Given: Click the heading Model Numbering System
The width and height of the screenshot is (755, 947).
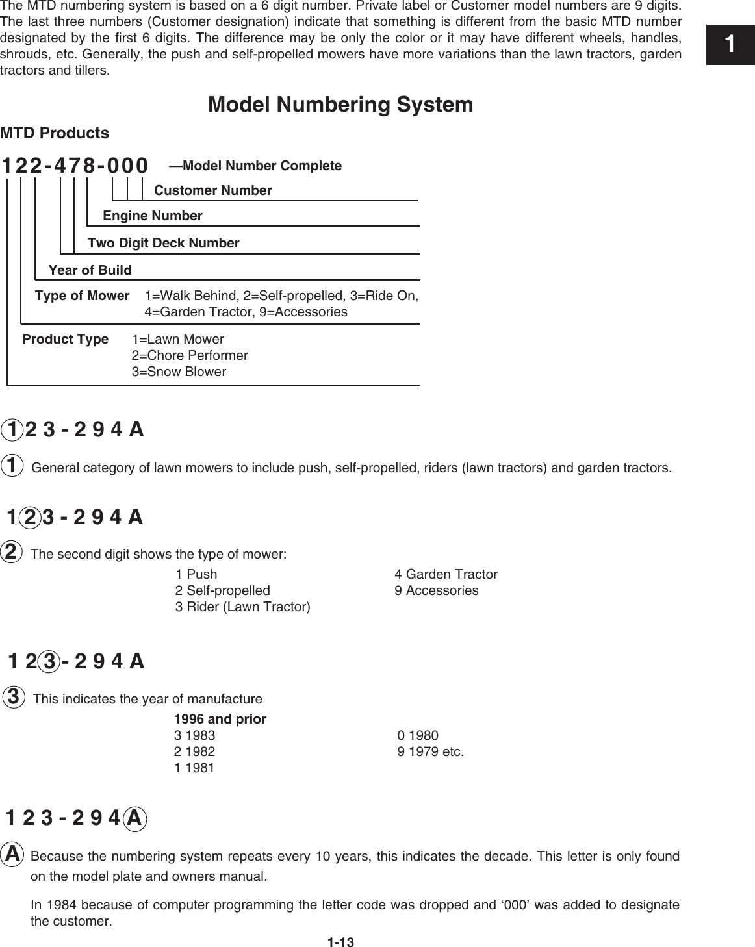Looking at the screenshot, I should tap(340, 105).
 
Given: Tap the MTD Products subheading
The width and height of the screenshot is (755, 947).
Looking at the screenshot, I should tap(55, 133).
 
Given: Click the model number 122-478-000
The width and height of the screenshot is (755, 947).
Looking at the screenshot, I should tap(75, 166).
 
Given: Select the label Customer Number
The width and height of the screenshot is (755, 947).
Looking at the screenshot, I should tap(212, 190).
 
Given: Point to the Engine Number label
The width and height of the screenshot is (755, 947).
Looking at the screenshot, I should tap(153, 216).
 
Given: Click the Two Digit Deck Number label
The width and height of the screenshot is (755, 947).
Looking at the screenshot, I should tap(163, 243).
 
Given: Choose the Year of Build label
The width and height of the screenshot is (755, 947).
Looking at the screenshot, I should tap(90, 270).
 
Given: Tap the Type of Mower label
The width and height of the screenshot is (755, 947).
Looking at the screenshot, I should tap(82, 296).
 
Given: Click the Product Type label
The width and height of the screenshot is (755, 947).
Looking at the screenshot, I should tap(65, 339).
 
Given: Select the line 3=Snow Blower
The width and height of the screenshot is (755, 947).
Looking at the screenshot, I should tap(179, 372).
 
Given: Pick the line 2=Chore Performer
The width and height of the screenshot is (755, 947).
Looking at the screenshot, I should tap(190, 355).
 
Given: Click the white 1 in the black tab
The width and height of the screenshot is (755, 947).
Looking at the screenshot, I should tap(730, 44).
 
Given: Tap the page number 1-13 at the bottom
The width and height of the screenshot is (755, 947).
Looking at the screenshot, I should tap(340, 942).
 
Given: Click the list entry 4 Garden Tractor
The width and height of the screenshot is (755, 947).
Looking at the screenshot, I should tap(446, 574).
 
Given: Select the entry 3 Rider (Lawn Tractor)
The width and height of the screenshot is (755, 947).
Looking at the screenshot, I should tap(242, 607).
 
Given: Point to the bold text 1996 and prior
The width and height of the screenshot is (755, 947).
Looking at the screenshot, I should tap(220, 719).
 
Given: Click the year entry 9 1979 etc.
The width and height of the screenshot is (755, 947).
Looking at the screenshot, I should tap(430, 751).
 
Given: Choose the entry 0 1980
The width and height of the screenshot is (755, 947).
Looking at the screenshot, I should tap(418, 735).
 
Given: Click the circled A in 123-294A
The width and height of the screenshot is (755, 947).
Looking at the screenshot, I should tap(134, 818).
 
